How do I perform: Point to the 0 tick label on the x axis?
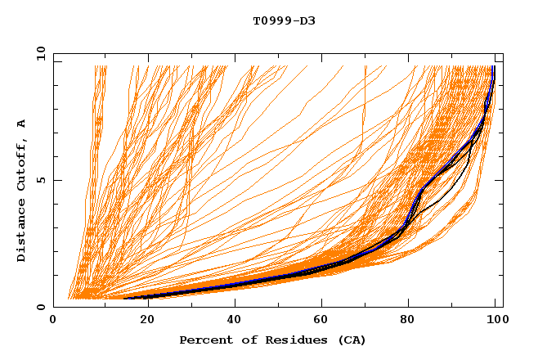tap(54, 321)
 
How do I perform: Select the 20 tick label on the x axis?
tap(142, 321)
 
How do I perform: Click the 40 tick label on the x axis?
tap(231, 321)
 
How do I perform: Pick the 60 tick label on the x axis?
tap(319, 321)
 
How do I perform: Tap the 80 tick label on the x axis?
tap(407, 321)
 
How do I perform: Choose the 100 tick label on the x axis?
tap(495, 321)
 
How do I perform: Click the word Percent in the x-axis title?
tap(204, 340)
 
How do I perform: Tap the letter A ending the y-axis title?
tap(21, 124)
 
